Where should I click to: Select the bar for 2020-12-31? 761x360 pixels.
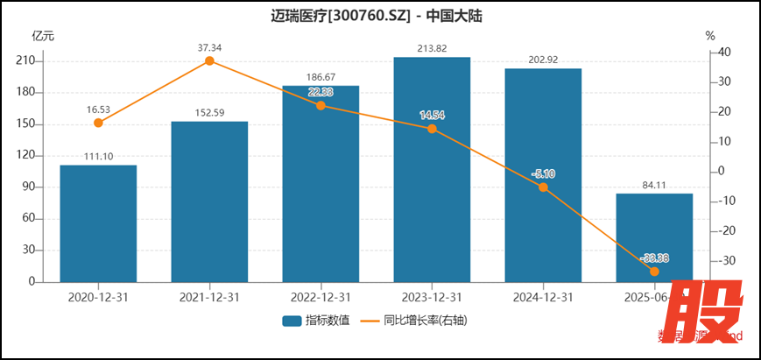tap(98, 223)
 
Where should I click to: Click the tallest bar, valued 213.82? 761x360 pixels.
tap(432, 170)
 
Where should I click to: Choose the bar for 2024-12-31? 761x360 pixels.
tap(543, 175)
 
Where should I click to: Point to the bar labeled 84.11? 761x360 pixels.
tap(654, 237)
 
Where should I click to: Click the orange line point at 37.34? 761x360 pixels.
tap(209, 60)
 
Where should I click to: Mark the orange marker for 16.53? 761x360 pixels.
tap(98, 123)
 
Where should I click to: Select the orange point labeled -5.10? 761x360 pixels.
tap(543, 187)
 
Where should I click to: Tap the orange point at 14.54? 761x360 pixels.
tap(432, 129)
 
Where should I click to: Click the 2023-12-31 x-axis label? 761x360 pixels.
tap(432, 297)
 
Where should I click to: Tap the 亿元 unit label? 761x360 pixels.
tap(43, 36)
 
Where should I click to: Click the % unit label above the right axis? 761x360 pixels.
tap(710, 36)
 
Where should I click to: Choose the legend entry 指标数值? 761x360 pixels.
tap(316, 321)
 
